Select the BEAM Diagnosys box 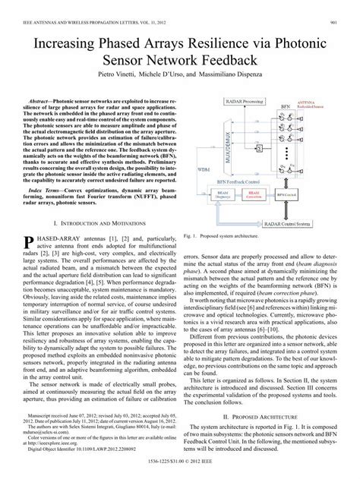[x=221, y=195]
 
